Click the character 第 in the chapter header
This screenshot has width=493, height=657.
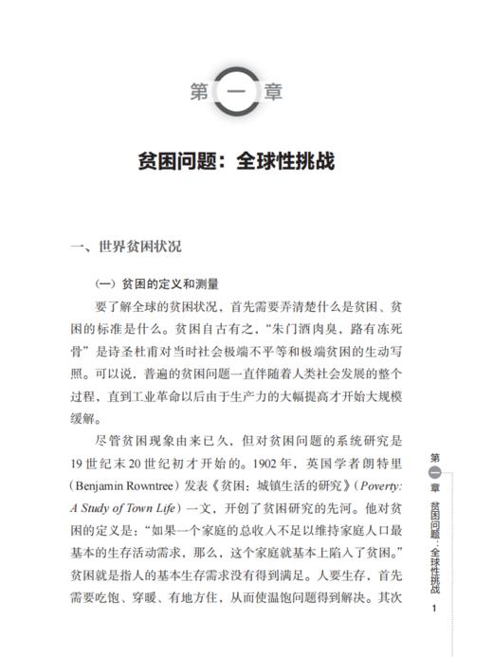pyautogui.click(x=200, y=93)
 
